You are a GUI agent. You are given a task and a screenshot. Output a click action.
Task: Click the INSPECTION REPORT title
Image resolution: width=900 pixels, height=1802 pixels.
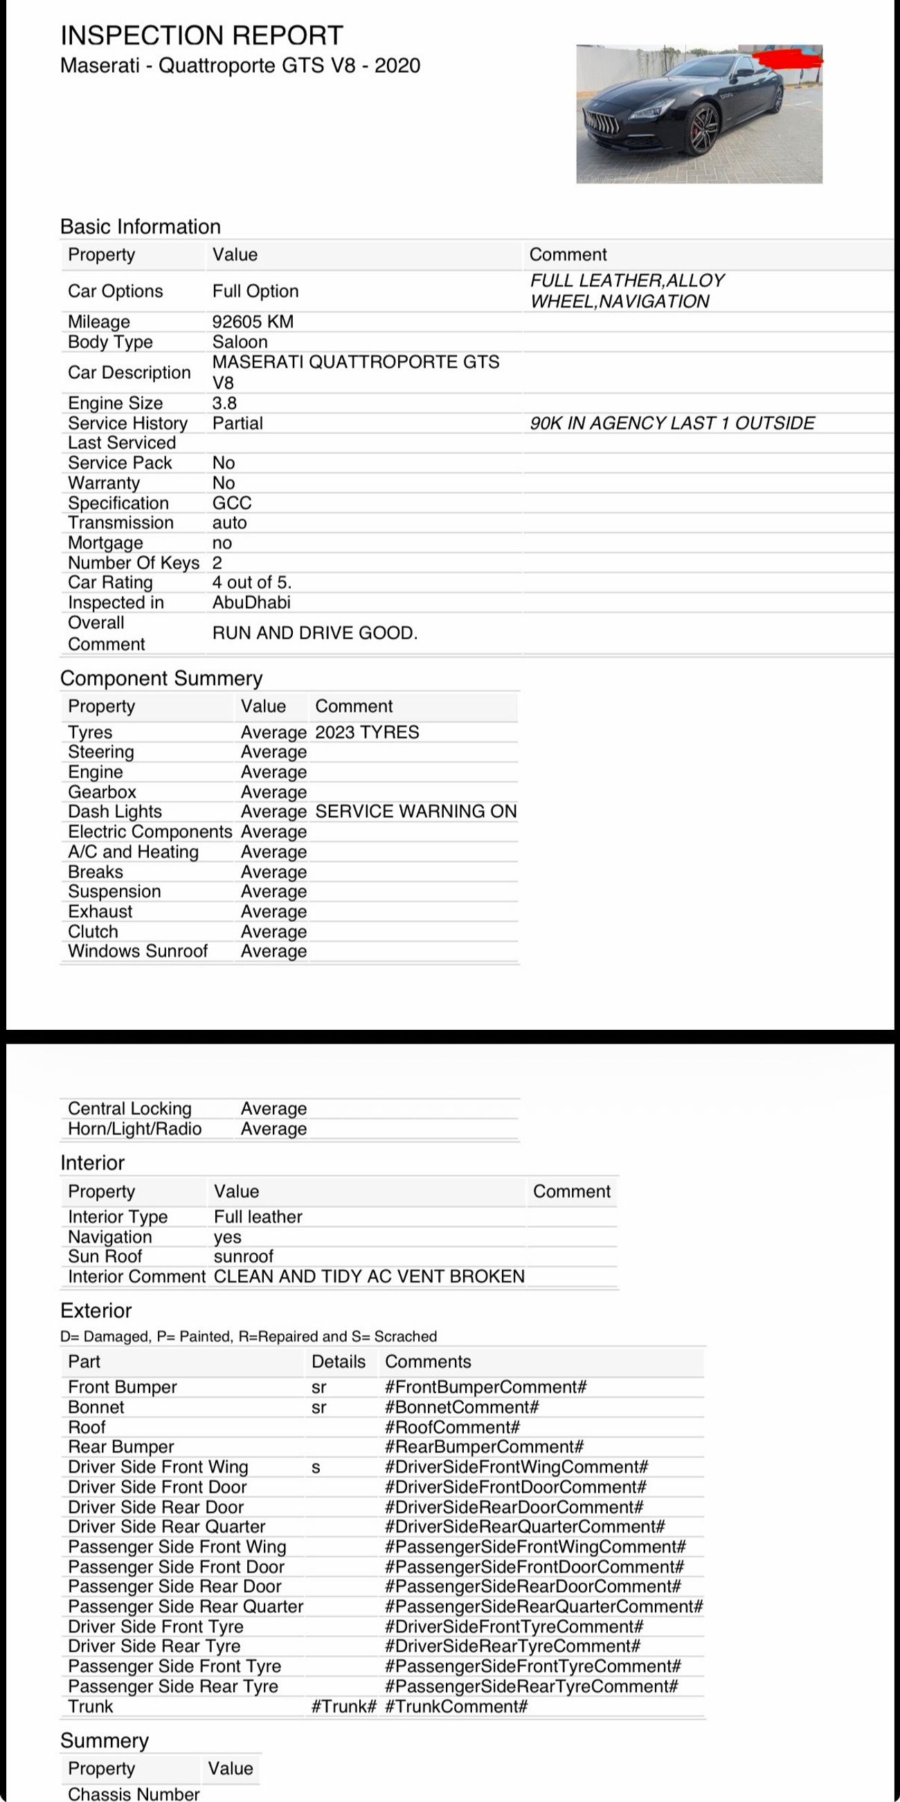(x=201, y=35)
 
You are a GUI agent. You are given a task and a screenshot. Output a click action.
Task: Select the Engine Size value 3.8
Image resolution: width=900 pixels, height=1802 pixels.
(x=224, y=403)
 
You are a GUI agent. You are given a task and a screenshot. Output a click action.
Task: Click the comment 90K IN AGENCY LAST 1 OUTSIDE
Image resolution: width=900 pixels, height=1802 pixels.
(x=672, y=423)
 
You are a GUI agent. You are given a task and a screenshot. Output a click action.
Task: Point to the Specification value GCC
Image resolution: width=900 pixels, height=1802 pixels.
(x=231, y=503)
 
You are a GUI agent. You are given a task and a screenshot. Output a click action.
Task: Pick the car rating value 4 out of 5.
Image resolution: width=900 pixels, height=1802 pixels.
(x=252, y=582)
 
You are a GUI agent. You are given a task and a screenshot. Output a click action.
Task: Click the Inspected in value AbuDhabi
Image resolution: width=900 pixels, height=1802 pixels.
(x=251, y=603)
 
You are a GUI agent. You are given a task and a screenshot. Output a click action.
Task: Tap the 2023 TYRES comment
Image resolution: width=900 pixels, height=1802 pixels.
(x=366, y=733)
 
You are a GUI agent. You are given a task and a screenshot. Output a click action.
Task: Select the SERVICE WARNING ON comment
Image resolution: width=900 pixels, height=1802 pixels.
(x=415, y=812)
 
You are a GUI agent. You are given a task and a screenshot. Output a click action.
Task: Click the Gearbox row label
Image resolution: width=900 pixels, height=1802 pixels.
(x=102, y=792)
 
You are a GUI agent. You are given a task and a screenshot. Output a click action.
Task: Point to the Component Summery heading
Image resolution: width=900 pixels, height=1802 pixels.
(x=161, y=679)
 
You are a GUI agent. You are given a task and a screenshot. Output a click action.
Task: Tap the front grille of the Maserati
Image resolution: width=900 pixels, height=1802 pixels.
(x=601, y=123)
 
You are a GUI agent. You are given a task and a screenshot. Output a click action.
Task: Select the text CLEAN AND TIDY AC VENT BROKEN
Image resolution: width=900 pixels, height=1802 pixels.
(x=368, y=1276)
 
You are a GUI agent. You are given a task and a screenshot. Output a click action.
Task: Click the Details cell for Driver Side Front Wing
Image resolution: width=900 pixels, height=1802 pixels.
(x=316, y=1468)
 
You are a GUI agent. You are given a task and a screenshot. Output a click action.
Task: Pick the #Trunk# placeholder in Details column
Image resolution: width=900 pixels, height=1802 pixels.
(x=343, y=1707)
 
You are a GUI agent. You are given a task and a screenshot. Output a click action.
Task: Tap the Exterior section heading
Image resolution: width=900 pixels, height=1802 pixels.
(x=96, y=1311)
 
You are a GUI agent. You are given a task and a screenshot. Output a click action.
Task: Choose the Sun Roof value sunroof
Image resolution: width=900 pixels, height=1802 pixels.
(x=244, y=1256)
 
